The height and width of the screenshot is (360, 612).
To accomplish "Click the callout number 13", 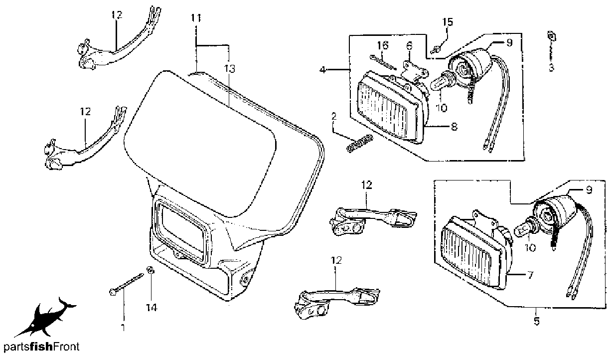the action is click(x=229, y=69).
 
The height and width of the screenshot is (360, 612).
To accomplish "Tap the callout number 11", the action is click(x=196, y=18).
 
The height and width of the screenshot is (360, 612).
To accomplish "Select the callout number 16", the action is click(x=383, y=45).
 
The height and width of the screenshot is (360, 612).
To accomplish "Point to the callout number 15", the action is click(x=448, y=22).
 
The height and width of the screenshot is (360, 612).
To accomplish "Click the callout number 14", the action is click(x=152, y=308).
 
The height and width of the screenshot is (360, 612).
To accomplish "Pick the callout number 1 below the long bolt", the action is click(x=123, y=327).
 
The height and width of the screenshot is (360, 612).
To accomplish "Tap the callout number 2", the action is click(x=333, y=117).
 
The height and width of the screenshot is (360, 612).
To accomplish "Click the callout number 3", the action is click(x=551, y=67).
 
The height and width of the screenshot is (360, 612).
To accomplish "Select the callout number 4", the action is click(x=323, y=70).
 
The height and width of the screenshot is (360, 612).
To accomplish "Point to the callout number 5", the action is click(x=537, y=321).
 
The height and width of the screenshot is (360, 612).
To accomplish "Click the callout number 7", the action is click(x=530, y=275).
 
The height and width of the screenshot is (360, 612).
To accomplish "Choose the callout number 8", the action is click(x=454, y=126).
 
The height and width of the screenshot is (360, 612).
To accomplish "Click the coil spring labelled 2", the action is click(x=359, y=143).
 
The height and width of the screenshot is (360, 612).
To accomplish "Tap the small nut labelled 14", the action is click(x=150, y=270).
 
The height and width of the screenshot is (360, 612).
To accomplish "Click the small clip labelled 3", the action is click(x=552, y=36).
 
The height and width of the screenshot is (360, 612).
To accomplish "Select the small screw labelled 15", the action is click(x=435, y=49).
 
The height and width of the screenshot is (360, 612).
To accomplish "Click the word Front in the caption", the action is click(x=66, y=347).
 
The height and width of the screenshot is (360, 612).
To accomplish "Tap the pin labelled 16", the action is click(x=383, y=62).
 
